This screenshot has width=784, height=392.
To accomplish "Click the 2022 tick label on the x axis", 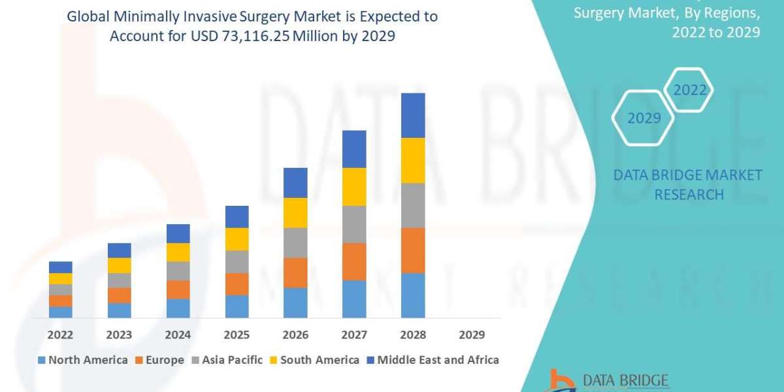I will point(60,335).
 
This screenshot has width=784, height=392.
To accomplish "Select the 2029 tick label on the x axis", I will point(472,335).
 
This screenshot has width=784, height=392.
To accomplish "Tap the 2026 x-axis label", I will point(295,335).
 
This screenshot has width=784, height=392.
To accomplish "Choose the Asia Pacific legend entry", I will point(227,359).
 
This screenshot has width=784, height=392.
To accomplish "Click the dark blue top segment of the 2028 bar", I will point(413,115).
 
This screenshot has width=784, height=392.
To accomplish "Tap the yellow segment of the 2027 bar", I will point(354,187).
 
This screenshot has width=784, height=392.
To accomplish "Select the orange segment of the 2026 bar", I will point(295,272).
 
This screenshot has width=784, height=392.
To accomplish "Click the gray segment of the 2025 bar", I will point(237,261).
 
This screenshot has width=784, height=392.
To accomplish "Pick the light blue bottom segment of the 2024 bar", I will point(178,308).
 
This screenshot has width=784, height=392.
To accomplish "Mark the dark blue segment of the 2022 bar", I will point(60,267).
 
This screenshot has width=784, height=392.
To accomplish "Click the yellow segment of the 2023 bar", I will point(119,265).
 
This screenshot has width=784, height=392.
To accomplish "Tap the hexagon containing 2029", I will point(643,118).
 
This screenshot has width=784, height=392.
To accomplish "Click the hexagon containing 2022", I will point(690,90).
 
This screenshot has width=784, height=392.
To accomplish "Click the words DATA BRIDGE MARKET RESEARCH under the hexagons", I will point(688,184).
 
